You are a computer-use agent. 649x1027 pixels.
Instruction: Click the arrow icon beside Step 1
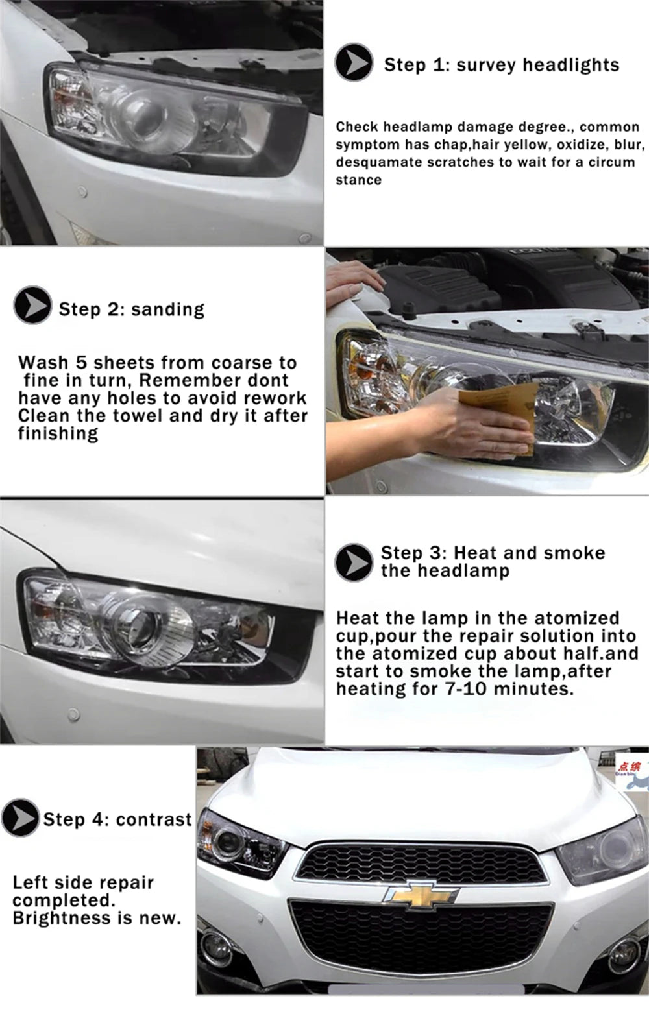(354, 62)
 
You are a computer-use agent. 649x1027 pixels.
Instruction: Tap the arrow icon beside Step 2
(32, 305)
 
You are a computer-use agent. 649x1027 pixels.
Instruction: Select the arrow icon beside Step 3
(354, 562)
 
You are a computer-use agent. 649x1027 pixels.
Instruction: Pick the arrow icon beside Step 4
(20, 817)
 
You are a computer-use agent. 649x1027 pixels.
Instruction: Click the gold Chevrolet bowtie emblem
(421, 895)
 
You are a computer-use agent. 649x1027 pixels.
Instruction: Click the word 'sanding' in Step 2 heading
(167, 309)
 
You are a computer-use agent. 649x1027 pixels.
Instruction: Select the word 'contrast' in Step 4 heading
(154, 819)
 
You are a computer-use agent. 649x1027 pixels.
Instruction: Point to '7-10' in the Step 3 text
(465, 689)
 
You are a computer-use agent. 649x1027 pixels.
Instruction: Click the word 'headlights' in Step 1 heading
(570, 65)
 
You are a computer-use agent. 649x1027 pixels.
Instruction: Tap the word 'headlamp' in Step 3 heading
(463, 571)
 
